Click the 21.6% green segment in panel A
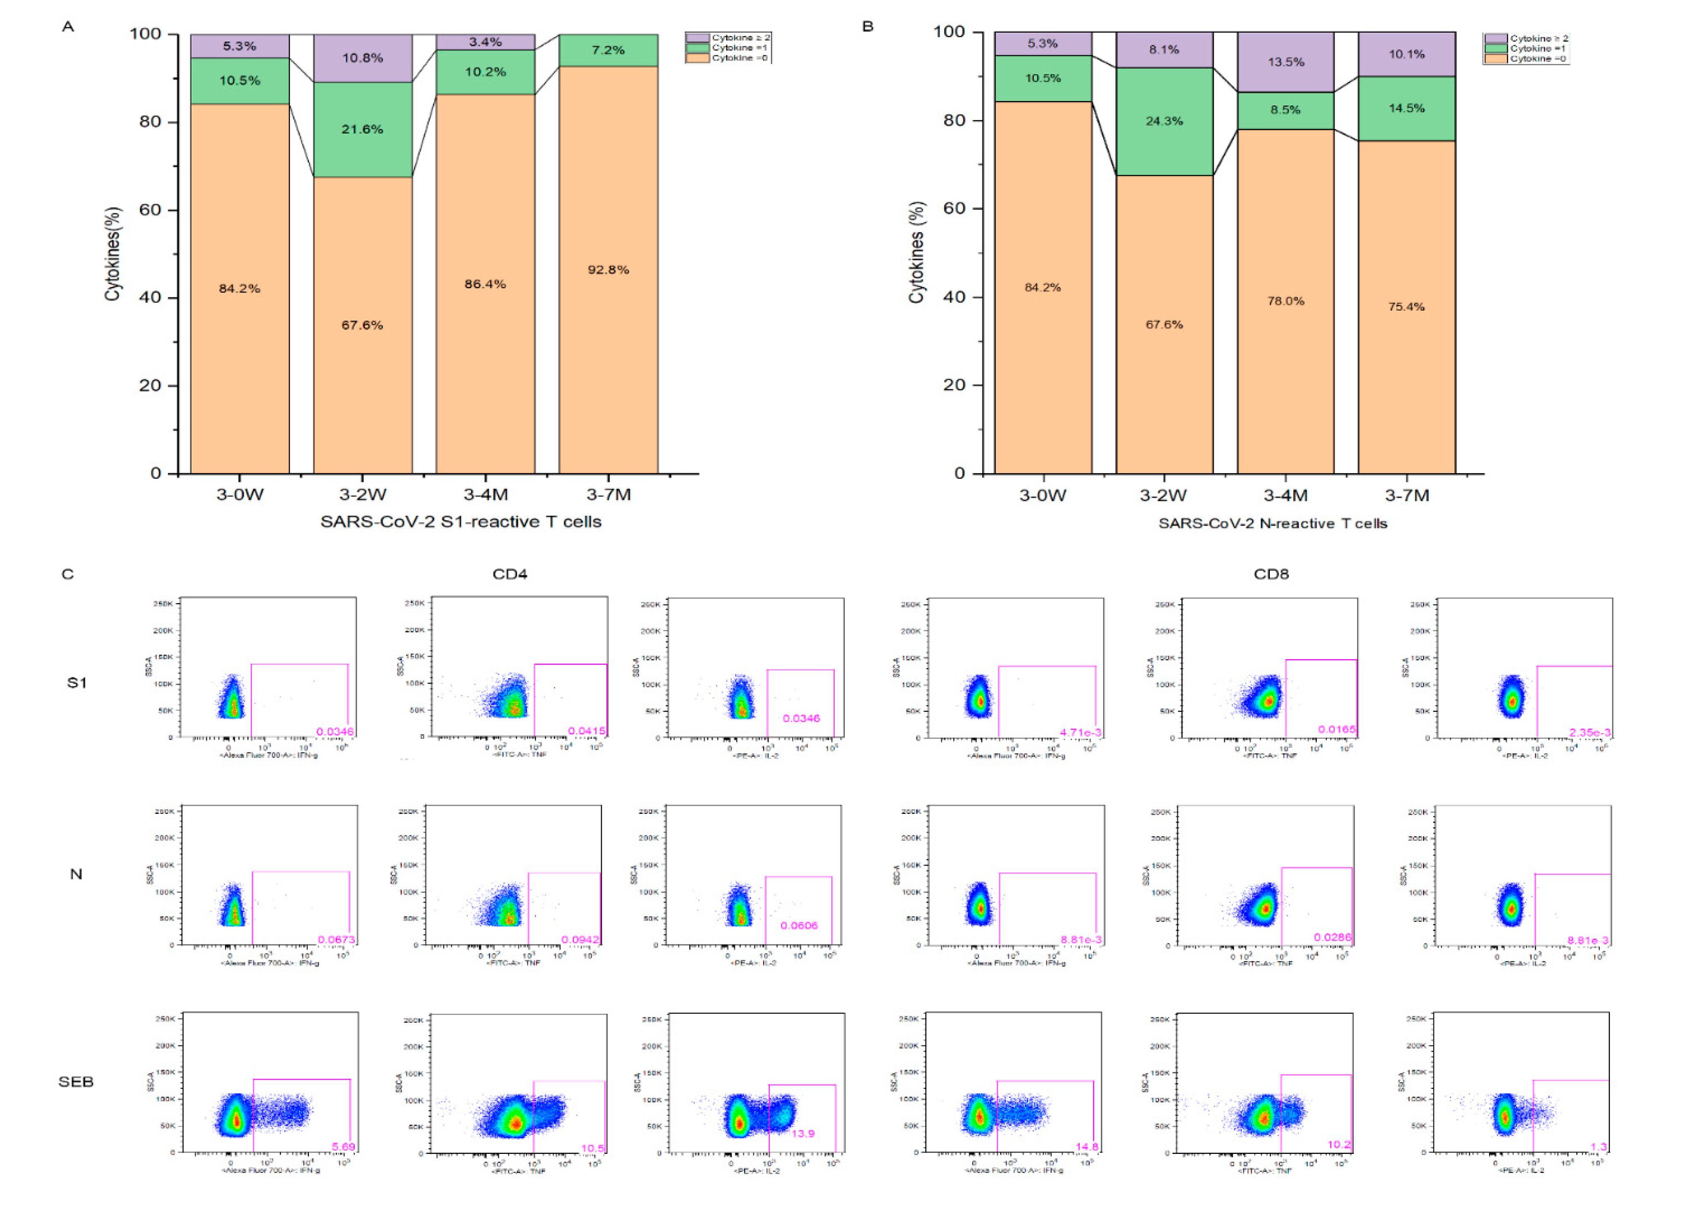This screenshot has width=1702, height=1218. point(362,129)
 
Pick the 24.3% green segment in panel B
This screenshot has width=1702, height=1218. point(1164,121)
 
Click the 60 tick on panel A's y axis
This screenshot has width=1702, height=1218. point(150,210)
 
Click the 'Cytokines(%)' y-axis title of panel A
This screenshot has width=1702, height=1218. point(113,254)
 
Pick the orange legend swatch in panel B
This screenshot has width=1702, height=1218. point(1496,58)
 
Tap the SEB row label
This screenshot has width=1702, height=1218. point(76,1082)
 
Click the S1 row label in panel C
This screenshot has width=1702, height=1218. point(77,682)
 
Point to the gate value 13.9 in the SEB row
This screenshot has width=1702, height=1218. point(803,1133)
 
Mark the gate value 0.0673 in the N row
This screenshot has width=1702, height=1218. point(336,940)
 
